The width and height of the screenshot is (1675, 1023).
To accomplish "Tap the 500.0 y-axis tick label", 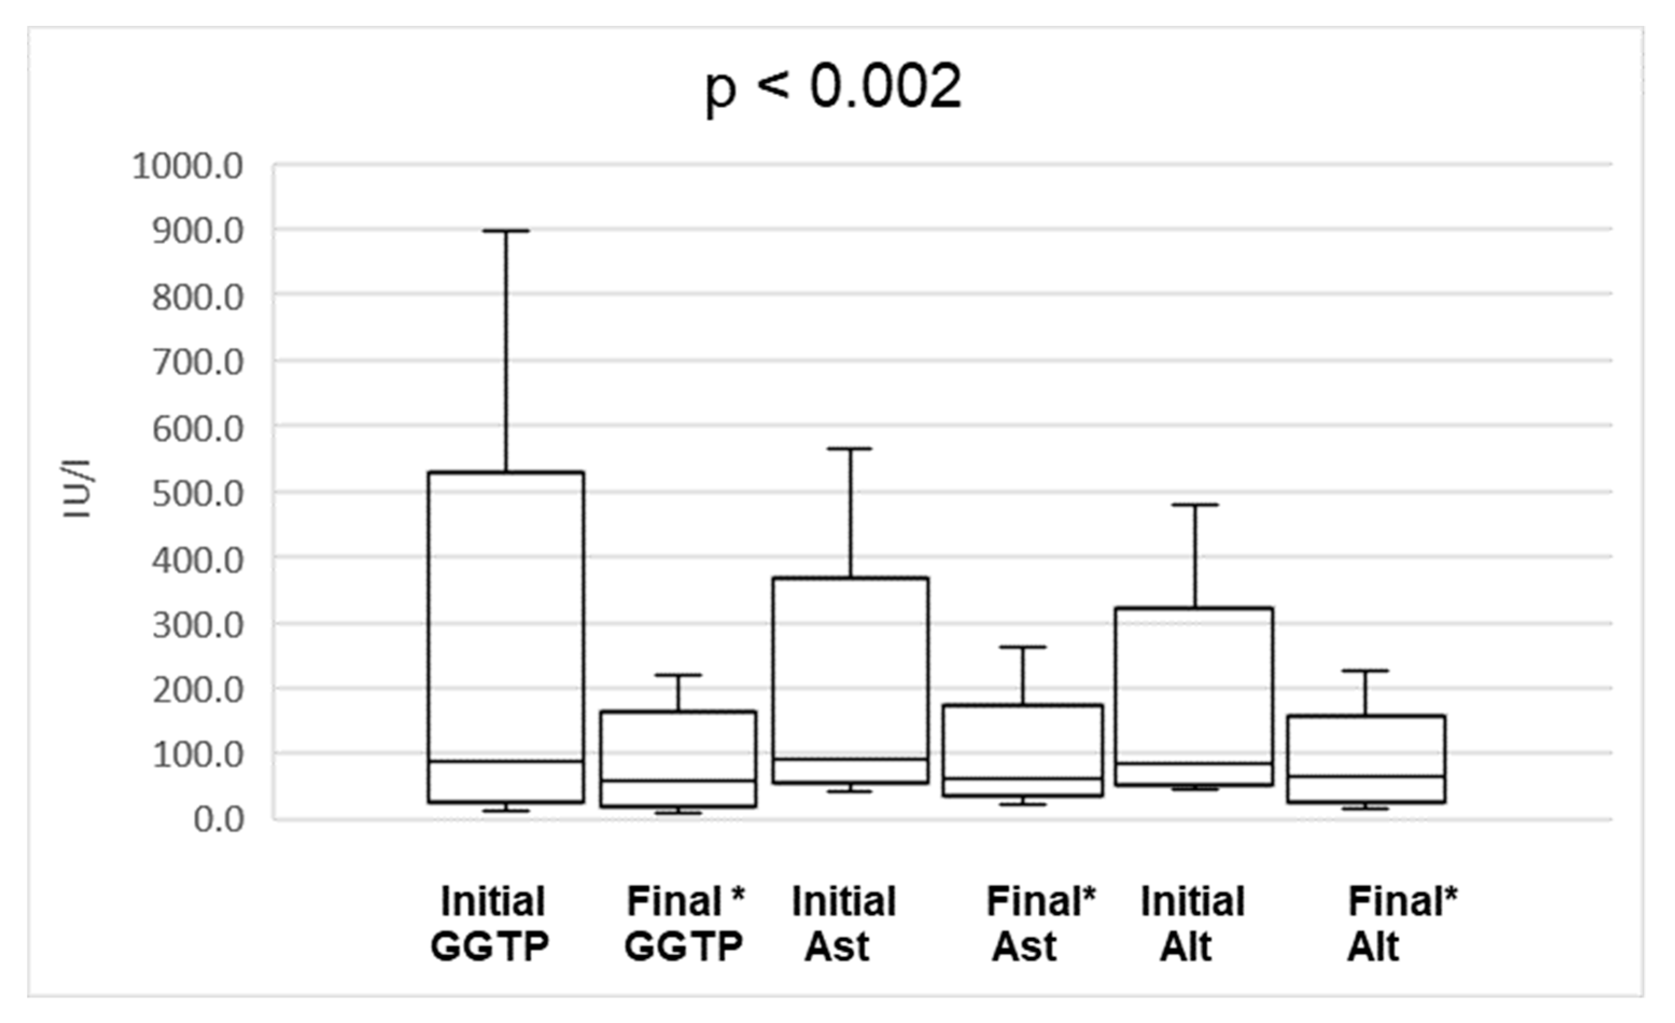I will [197, 495].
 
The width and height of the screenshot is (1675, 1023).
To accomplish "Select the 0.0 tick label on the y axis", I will [218, 819].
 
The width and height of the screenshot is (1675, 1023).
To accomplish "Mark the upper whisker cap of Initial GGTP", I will [506, 231].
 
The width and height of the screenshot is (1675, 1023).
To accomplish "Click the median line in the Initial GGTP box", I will [506, 761].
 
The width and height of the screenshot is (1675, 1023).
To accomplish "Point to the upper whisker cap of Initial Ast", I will [850, 449].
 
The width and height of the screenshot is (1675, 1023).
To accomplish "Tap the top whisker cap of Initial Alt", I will [1194, 505].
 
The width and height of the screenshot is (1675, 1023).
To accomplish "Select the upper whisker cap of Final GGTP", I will [678, 676].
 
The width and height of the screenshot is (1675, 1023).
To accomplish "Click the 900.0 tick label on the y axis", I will [197, 232].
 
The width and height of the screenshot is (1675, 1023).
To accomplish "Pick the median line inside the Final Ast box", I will [1023, 778].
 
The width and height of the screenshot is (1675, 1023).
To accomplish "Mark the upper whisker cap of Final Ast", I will [1023, 648].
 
